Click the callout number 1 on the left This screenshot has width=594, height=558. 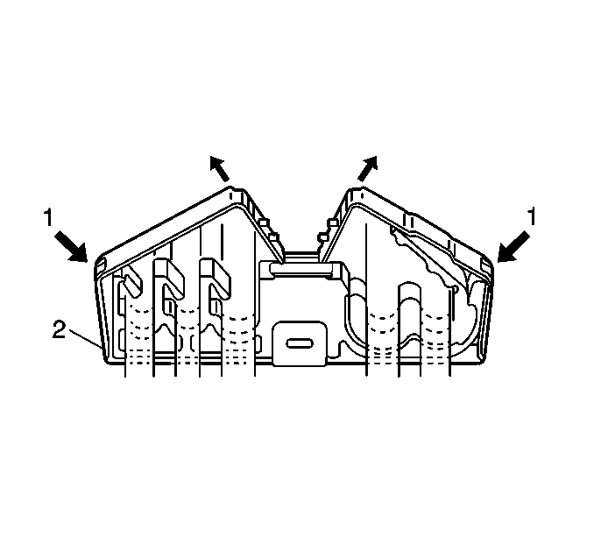click(x=47, y=218)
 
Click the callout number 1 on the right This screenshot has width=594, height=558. click(x=533, y=217)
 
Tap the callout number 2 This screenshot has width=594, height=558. click(x=59, y=329)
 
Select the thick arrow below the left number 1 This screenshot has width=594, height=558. click(x=71, y=247)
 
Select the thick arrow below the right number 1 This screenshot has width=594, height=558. click(x=513, y=247)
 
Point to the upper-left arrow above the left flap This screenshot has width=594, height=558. click(x=220, y=168)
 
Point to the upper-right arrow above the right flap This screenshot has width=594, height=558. click(x=367, y=168)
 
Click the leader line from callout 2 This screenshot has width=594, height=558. click(x=85, y=338)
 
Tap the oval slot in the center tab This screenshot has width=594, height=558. click(x=300, y=343)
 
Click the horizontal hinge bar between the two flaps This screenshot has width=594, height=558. click(x=301, y=268)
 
